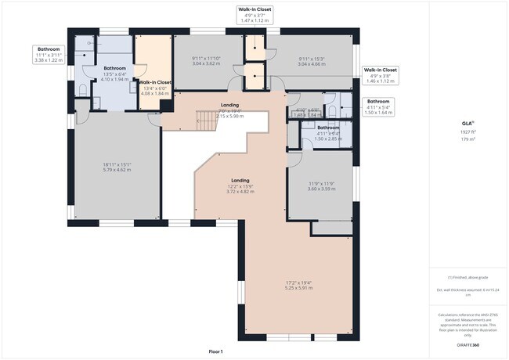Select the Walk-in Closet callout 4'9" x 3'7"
tap(256, 15)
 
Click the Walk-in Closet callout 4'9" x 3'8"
tap(381, 75)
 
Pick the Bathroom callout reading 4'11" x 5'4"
tap(378, 106)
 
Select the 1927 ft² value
tap(467, 133)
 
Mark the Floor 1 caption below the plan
tap(216, 351)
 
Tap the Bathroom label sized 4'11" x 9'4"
tap(328, 129)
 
